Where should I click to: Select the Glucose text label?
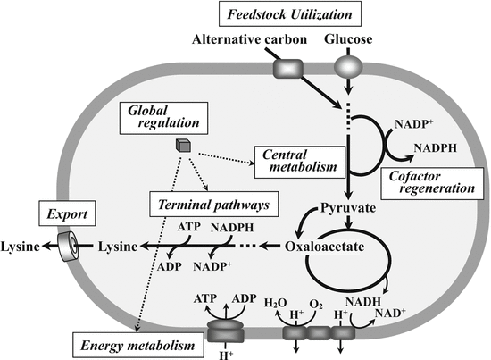pyautogui.click(x=353, y=41)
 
